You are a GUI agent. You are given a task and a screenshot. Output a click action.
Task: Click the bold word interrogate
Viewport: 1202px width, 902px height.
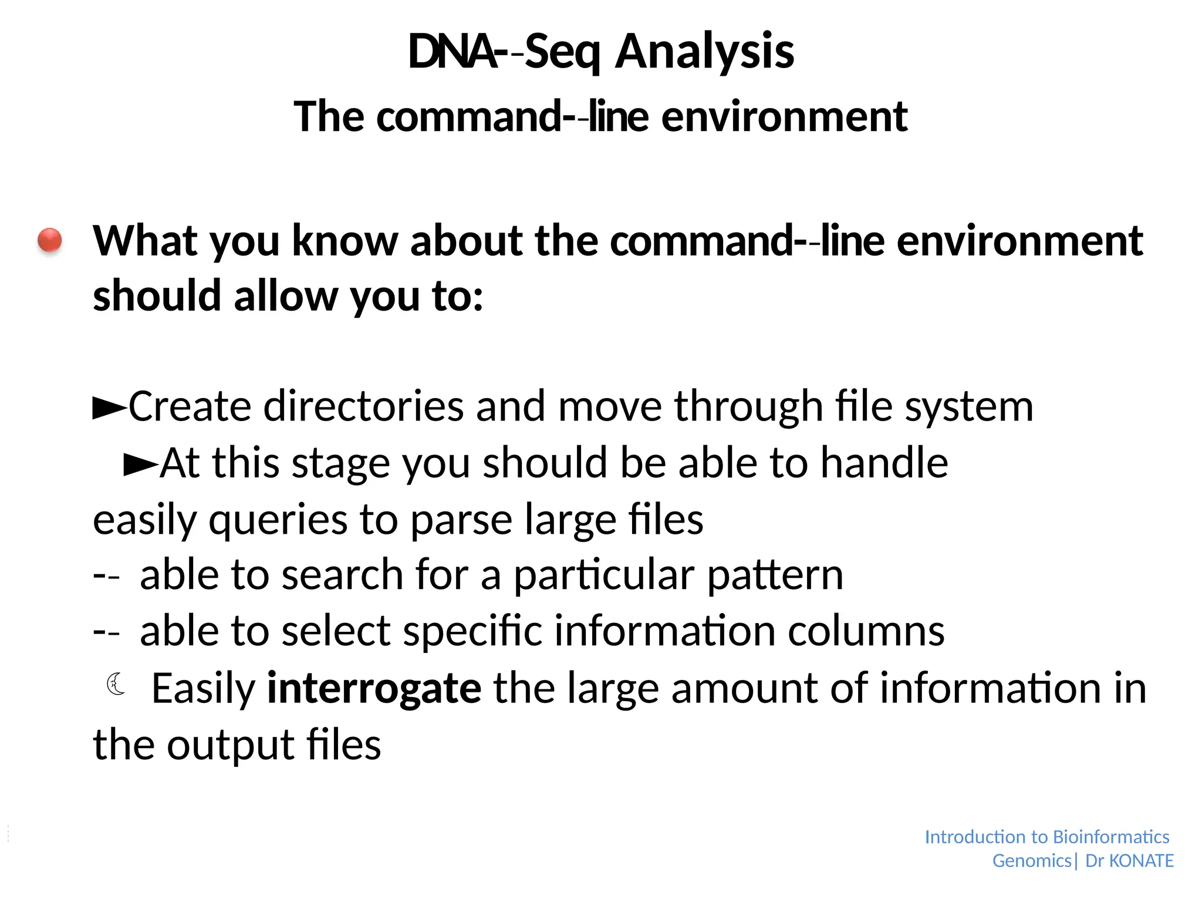(374, 688)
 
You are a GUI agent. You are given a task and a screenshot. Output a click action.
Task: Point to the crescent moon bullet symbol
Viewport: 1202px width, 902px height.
(116, 684)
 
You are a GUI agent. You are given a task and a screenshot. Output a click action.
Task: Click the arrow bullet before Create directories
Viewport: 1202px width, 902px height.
(110, 408)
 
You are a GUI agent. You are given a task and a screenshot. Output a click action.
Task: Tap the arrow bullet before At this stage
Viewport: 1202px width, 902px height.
(141, 465)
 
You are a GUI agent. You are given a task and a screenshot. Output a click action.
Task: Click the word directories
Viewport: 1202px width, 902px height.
(364, 406)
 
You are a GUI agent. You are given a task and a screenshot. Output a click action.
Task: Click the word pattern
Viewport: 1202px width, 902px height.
(775, 575)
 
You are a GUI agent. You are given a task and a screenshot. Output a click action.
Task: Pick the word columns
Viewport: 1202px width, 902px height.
(866, 631)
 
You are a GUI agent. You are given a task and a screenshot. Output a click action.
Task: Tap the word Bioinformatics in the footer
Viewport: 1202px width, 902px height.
(1111, 837)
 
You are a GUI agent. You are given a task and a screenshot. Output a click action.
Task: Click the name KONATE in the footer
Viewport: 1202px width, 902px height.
(1142, 861)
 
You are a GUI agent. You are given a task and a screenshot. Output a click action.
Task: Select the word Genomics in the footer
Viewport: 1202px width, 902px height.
(1031, 861)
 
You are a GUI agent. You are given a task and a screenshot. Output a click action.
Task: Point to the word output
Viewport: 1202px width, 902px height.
(231, 745)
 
